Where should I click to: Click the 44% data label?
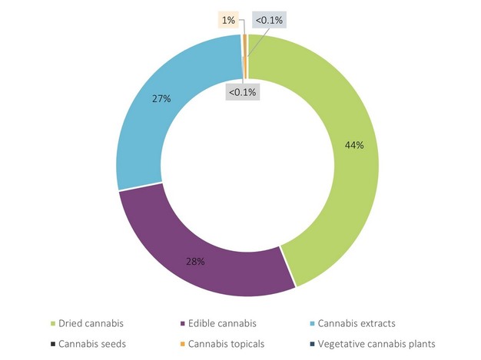click(x=353, y=145)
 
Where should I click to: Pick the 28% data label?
click(x=195, y=261)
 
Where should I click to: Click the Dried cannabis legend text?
click(x=91, y=322)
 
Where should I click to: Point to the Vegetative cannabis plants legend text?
click(x=377, y=343)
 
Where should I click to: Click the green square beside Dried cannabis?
click(x=51, y=323)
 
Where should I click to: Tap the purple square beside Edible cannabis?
click(x=182, y=323)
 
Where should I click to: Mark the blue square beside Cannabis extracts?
click(x=313, y=323)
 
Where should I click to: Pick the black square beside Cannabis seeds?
click(x=51, y=344)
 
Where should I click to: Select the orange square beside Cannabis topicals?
click(x=182, y=344)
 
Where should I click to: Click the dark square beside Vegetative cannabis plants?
click(x=313, y=344)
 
